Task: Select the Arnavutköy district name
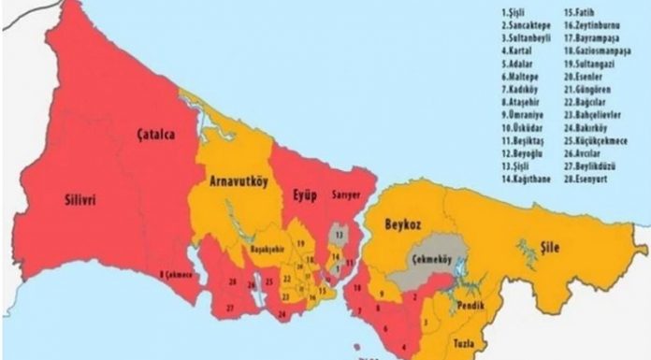point(238,182)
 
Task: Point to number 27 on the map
point(230,307)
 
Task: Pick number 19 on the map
point(301,243)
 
